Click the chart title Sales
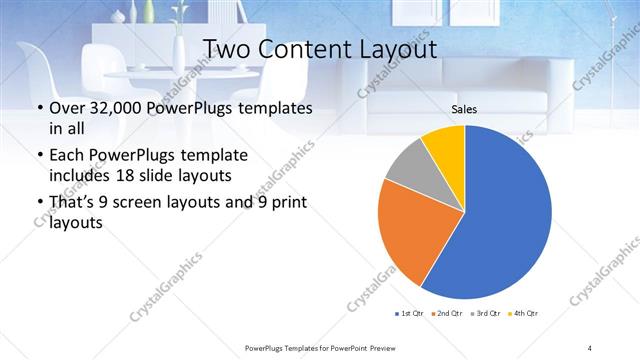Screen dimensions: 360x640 [465, 109]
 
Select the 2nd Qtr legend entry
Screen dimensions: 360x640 [446, 315]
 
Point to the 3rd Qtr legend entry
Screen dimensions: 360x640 [485, 315]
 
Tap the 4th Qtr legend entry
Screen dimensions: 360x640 [523, 315]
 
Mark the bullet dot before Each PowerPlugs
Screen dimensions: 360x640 [39, 157]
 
